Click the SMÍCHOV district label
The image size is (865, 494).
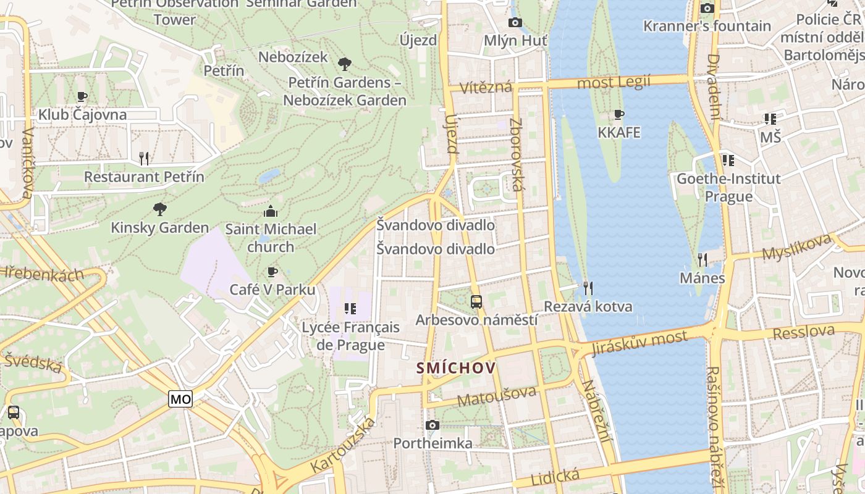pos(456,369)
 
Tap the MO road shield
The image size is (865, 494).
pos(180,399)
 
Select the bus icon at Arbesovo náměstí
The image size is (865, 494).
pos(476,302)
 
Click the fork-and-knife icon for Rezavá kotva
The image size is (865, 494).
pos(588,288)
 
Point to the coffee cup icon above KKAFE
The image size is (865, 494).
pos(619,114)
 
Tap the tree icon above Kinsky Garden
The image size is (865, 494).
pos(160,209)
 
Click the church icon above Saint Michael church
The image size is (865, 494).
pos(271,211)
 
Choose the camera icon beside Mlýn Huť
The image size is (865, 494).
pos(515,23)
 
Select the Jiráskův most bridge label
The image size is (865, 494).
pos(639,343)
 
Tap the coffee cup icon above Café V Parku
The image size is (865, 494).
pos(272,272)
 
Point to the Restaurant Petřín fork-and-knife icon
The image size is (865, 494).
pos(144,159)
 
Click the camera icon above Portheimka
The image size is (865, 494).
pos(432,425)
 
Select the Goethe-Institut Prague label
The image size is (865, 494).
pos(728,187)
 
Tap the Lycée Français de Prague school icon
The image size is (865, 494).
pos(350,308)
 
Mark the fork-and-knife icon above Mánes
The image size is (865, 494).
pos(702,259)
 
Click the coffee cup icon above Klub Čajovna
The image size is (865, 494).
pos(82,96)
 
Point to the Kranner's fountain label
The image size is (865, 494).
pos(707,26)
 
